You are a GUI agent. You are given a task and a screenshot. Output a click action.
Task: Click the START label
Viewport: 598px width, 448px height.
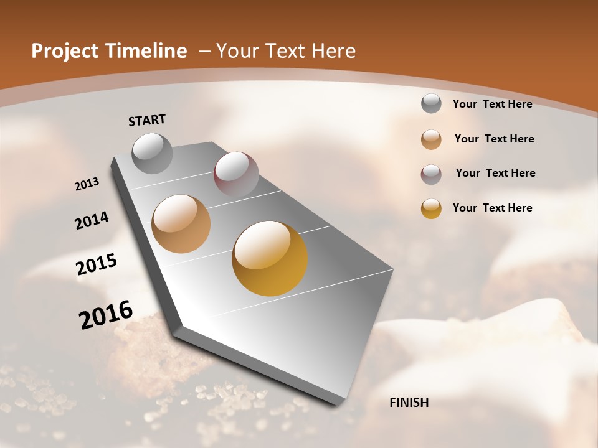147,120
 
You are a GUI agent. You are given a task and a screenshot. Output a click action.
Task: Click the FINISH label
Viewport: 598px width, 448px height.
409,403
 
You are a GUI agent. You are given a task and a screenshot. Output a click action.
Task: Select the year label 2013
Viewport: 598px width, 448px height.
87,184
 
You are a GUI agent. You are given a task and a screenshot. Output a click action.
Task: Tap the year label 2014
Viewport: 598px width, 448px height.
92,221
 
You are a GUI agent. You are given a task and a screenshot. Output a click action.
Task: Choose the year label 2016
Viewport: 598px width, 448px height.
106,315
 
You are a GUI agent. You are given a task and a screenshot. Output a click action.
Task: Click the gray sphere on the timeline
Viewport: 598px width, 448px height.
153,153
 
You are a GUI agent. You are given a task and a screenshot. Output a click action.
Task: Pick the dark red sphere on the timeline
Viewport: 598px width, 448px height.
236,174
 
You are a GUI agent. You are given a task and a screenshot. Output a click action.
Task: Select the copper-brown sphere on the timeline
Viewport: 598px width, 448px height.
181,224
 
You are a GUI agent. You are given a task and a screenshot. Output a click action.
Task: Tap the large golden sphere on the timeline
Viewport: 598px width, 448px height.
270,258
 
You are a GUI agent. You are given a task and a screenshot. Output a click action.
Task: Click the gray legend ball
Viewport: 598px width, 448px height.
431,103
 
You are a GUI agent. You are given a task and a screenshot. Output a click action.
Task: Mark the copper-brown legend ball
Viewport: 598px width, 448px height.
431,139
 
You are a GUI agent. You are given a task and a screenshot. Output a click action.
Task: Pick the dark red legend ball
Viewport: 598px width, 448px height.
431,174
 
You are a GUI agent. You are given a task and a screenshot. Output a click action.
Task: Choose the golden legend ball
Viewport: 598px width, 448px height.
431,208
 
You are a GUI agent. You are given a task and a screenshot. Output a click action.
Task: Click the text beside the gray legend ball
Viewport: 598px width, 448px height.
492,104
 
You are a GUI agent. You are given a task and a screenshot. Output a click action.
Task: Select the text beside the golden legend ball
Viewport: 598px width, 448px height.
492,208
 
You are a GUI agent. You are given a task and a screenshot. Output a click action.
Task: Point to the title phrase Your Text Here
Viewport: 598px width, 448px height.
286,51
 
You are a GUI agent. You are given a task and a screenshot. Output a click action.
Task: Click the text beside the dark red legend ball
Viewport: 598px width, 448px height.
495,173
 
